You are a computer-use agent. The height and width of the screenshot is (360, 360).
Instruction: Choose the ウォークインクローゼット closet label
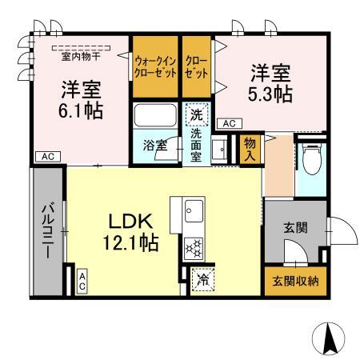(x=154, y=64)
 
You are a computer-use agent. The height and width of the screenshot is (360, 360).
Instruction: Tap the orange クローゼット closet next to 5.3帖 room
(x=195, y=64)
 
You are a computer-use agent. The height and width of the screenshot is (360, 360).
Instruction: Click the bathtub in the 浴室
(x=157, y=117)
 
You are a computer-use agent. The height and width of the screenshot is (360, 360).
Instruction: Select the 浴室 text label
(x=154, y=146)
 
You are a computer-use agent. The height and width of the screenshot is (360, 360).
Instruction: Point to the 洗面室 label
(x=197, y=146)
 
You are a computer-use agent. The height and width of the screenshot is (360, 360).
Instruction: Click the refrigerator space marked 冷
(x=202, y=280)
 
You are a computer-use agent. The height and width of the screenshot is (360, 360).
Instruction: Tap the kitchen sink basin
(x=194, y=211)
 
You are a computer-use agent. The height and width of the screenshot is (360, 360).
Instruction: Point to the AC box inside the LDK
(x=82, y=279)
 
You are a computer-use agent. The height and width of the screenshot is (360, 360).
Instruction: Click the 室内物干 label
(x=78, y=55)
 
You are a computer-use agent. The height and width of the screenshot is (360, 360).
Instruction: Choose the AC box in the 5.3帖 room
(x=228, y=123)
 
